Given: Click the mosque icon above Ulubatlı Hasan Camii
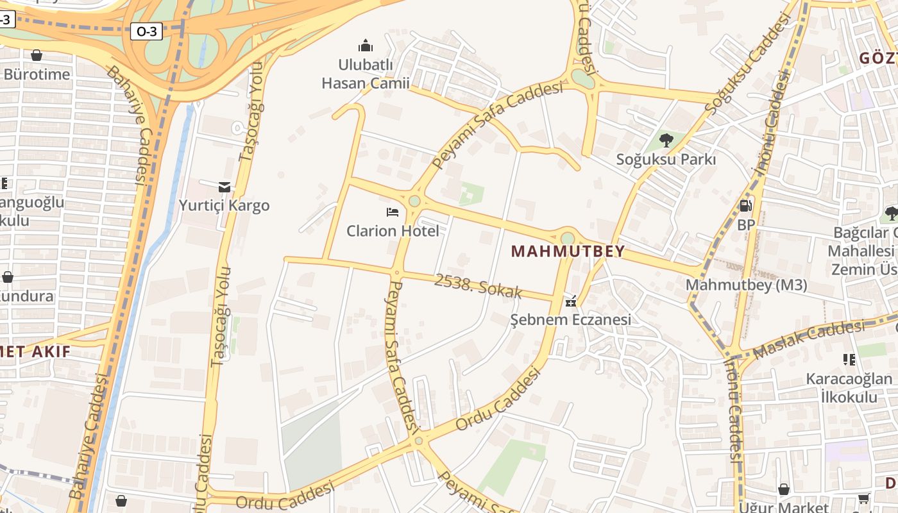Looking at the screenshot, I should click(366, 46).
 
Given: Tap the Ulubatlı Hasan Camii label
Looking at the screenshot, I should click(366, 74).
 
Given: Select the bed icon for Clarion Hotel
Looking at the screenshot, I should click(393, 212).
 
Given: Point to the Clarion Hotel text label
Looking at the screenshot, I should click(393, 231).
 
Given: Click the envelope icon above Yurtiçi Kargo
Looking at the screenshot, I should click(224, 187).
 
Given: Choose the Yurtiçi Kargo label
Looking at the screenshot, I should click(224, 205).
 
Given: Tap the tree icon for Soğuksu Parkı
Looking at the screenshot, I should click(666, 140).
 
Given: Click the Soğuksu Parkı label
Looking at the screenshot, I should click(666, 159).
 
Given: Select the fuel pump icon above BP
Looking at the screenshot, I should click(746, 206).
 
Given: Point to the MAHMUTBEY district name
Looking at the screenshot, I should click(568, 251).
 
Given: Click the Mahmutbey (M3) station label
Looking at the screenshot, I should click(747, 285).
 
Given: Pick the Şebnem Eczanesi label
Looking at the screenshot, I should click(571, 319).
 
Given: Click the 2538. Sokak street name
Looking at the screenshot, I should click(479, 287).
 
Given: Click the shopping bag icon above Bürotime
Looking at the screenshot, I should click(37, 56).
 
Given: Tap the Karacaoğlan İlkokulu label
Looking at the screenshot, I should click(849, 388).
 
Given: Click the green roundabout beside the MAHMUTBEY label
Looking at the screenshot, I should click(568, 239).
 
